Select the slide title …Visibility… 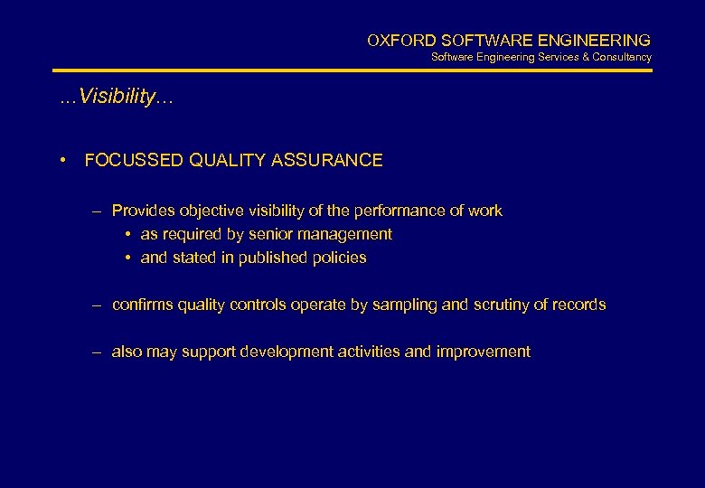(x=116, y=98)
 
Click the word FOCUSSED (x=133, y=161)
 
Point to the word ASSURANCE (x=339, y=161)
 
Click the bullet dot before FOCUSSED (x=63, y=161)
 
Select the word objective (x=208, y=211)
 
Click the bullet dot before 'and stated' (x=129, y=258)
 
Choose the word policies (x=340, y=258)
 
